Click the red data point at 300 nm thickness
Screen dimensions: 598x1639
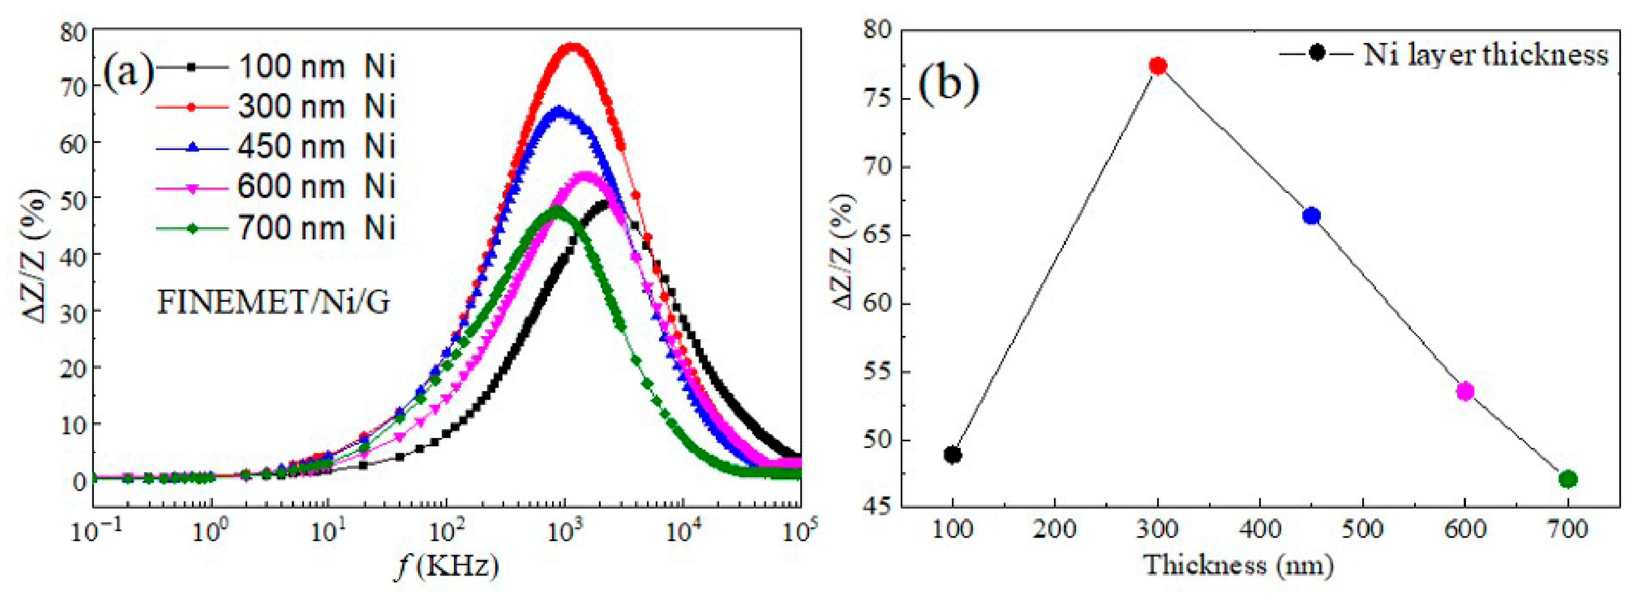click(x=1158, y=66)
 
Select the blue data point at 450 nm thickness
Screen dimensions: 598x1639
click(x=1311, y=216)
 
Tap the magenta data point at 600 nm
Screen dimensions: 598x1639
click(x=1465, y=391)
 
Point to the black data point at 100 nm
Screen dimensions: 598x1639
click(x=953, y=455)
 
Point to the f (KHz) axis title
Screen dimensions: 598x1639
click(x=445, y=565)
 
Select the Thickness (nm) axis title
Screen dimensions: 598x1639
click(x=1237, y=565)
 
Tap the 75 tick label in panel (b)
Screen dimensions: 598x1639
click(x=878, y=99)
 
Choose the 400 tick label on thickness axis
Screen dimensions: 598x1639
click(x=1260, y=529)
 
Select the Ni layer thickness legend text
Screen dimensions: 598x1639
click(x=1486, y=55)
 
